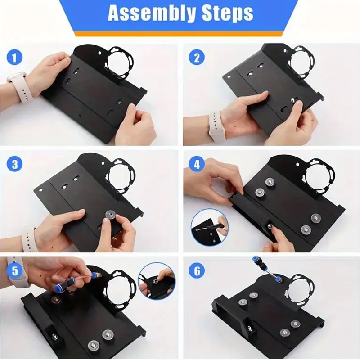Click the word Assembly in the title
pyautogui.click(x=148, y=13)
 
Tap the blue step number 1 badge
pyautogui.click(x=15, y=58)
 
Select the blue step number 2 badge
pyautogui.click(x=197, y=58)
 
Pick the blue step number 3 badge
pyautogui.click(x=15, y=164)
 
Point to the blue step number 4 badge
pyautogui.click(x=197, y=164)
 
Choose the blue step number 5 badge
pyautogui.click(x=15, y=270)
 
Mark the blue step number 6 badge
pyautogui.click(x=197, y=270)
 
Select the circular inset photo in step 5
pyautogui.click(x=157, y=282)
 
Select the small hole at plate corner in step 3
pyautogui.click(x=41, y=190)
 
